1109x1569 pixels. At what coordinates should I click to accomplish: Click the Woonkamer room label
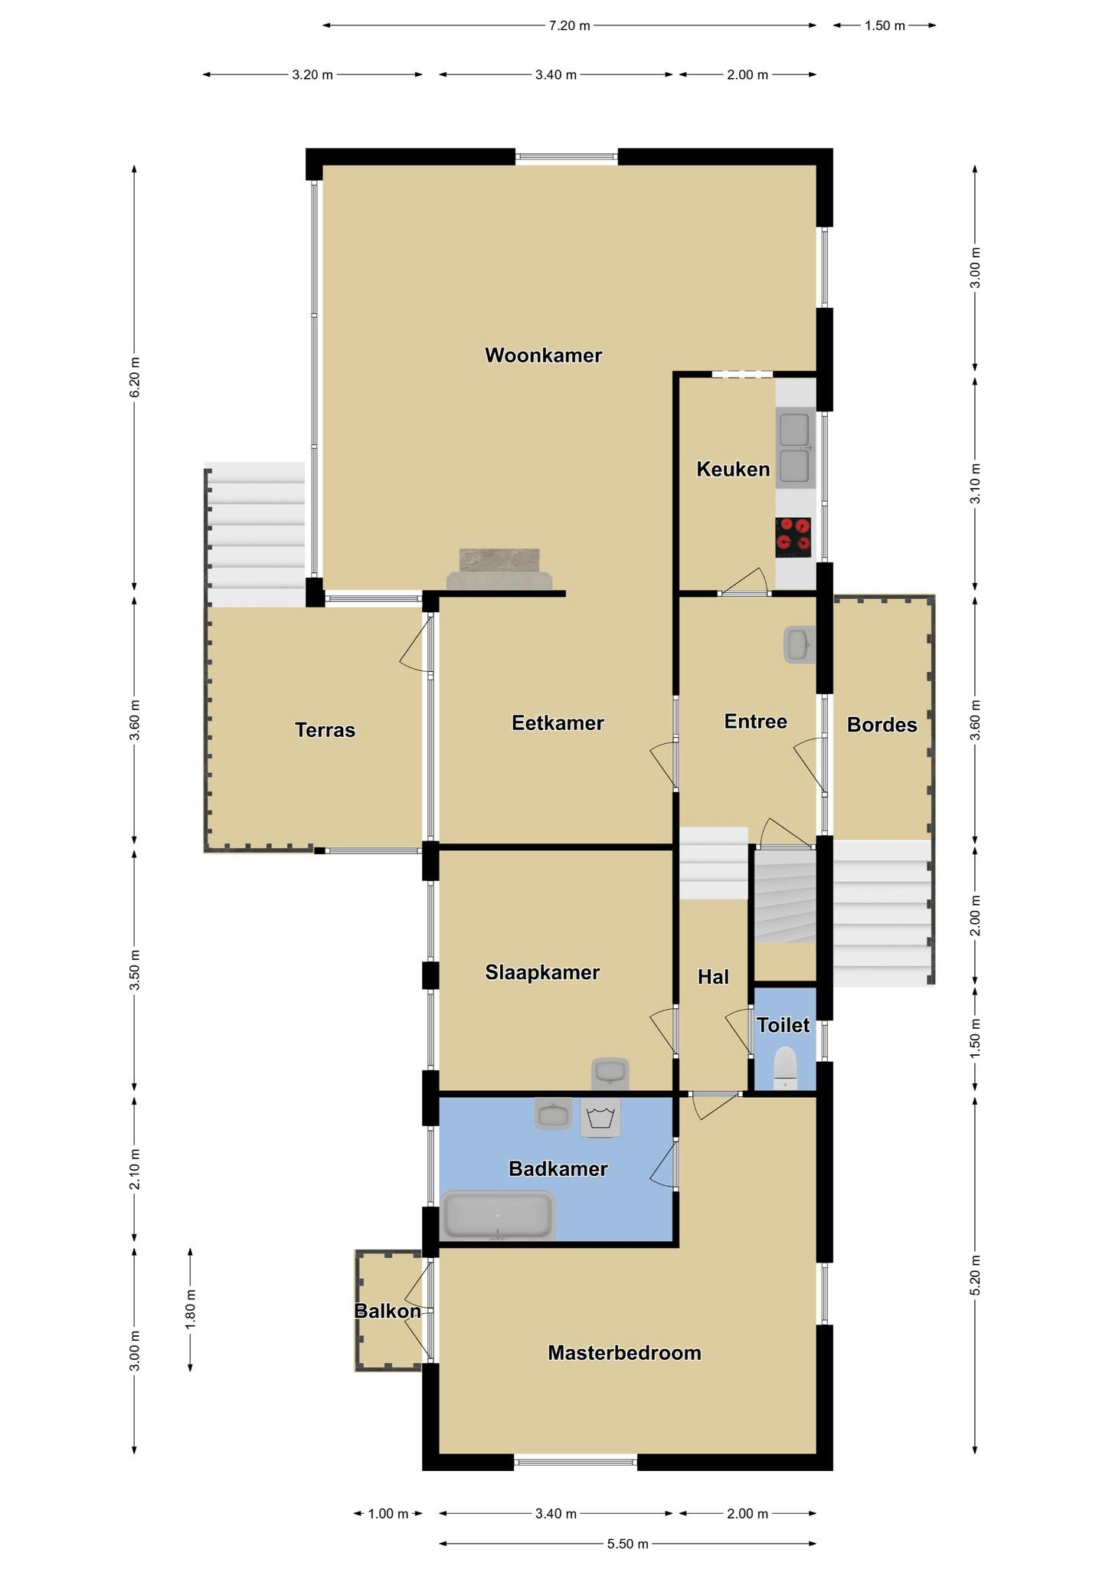click(x=543, y=355)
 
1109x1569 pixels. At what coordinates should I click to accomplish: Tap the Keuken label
click(x=733, y=470)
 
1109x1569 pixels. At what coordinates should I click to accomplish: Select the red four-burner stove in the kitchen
click(x=793, y=537)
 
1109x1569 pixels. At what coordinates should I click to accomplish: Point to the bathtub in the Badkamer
click(x=498, y=1214)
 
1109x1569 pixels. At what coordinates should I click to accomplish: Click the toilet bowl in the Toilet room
click(x=785, y=1067)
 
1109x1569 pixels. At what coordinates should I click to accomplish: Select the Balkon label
click(x=388, y=1311)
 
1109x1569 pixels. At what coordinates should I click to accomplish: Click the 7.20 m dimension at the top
click(x=570, y=25)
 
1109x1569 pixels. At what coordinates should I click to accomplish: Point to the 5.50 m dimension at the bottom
click(x=628, y=1544)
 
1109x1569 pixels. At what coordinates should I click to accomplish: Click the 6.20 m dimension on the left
click(x=135, y=377)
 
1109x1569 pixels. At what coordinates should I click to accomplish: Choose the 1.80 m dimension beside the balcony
click(x=190, y=1309)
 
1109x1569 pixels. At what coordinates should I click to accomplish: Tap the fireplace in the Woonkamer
click(x=499, y=570)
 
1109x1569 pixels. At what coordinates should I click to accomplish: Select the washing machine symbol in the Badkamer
click(x=600, y=1118)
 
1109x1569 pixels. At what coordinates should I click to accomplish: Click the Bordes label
click(x=882, y=725)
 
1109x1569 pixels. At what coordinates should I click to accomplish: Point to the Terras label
click(x=326, y=730)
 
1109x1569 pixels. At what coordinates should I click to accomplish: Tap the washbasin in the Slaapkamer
click(x=610, y=1073)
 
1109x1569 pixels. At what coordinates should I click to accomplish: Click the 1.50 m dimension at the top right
click(x=885, y=25)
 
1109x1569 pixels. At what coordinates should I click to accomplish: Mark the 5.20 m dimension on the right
click(x=975, y=1275)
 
